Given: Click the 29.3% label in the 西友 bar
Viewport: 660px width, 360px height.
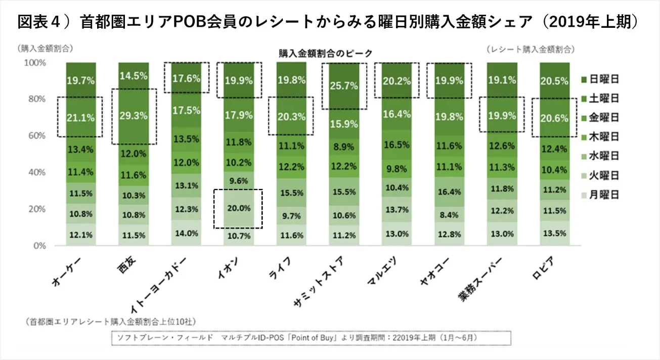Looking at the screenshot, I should point(134,115).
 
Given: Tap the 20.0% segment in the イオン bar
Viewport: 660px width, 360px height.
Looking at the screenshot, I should point(239,208).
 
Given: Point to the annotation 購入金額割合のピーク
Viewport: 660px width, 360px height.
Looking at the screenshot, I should point(325,53).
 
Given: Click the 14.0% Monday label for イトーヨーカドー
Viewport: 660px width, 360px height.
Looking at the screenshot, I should point(186,234).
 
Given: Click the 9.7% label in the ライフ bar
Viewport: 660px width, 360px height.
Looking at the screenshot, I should point(291,216).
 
